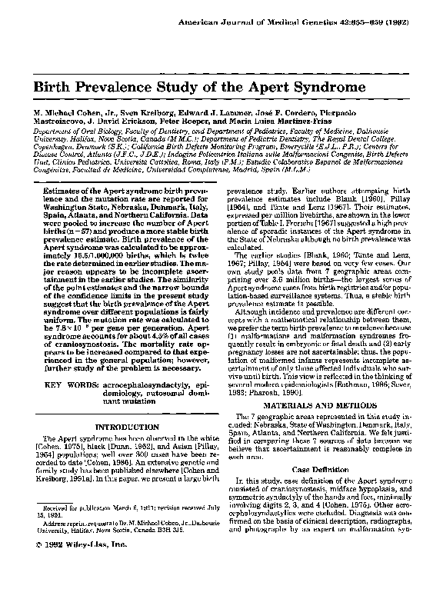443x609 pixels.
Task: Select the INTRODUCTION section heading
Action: point(127,426)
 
